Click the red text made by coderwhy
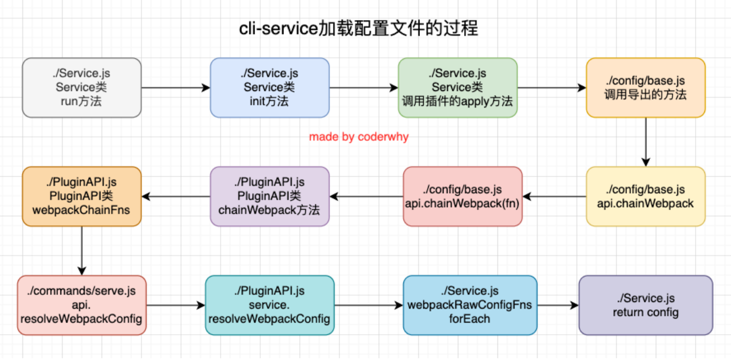click(358, 137)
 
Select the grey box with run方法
click(82, 87)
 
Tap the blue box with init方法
click(269, 87)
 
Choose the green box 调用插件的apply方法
click(457, 87)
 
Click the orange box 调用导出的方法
click(645, 87)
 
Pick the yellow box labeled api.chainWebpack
click(645, 196)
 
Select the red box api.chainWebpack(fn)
click(462, 196)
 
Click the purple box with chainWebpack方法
click(269, 196)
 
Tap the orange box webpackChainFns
click(82, 196)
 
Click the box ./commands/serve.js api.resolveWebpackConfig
click(82, 305)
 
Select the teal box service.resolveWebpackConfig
click(269, 305)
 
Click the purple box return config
click(645, 305)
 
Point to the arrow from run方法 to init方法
click(176, 87)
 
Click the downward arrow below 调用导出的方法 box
click(645, 142)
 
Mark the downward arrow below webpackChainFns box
click(82, 251)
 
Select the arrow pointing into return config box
click(558, 305)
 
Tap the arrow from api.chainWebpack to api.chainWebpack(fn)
click(554, 196)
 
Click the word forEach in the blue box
click(470, 319)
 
